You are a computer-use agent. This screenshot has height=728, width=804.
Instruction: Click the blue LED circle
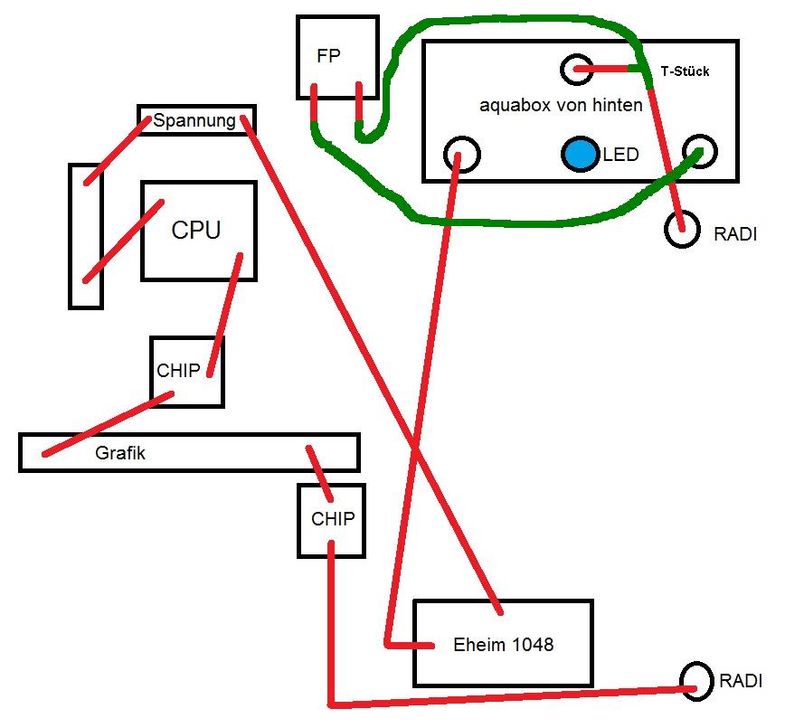click(x=580, y=155)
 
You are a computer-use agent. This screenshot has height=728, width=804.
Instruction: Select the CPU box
click(x=198, y=231)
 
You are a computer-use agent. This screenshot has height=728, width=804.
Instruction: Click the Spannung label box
click(x=195, y=120)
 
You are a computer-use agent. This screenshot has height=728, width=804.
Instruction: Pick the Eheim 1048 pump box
click(x=503, y=643)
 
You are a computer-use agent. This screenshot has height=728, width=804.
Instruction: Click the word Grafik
click(x=120, y=453)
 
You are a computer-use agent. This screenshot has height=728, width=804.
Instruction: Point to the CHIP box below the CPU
click(x=186, y=371)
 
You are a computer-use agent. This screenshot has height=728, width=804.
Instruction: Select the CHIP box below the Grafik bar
click(x=331, y=520)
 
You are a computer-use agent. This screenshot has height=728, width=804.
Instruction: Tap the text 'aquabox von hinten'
click(x=561, y=105)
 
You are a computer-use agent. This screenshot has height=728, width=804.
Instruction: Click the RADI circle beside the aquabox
click(x=682, y=230)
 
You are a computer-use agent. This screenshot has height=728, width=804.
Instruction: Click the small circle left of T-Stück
click(x=576, y=69)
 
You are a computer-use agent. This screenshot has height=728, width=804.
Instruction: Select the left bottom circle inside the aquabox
click(x=461, y=154)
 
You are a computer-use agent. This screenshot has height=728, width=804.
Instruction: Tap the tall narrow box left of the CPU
click(x=86, y=235)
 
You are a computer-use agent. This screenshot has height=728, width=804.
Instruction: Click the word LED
click(x=620, y=155)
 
